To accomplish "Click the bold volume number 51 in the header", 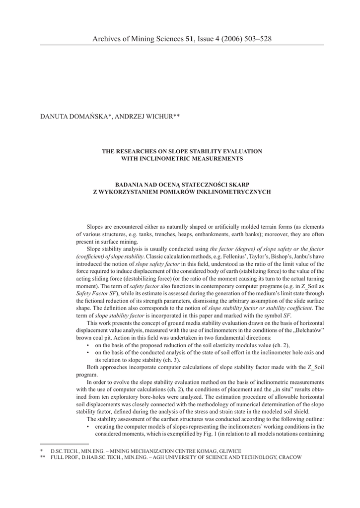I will click(189, 38).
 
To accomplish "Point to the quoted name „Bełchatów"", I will click(306, 330).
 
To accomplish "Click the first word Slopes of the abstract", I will click(95, 226).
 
